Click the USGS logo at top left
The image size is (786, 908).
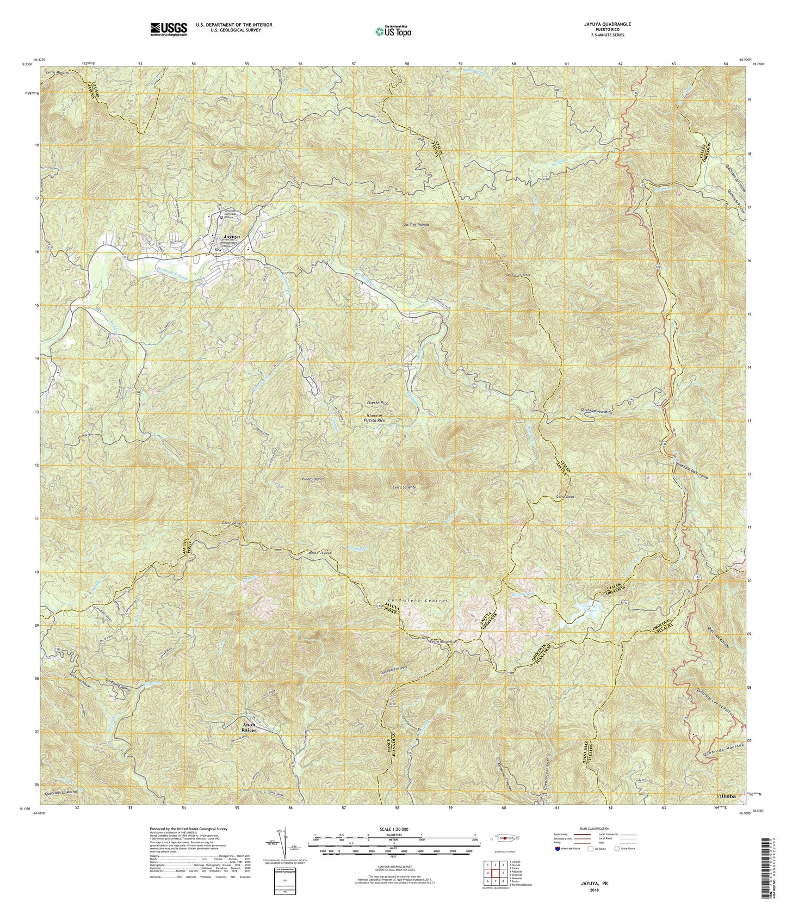click(169, 28)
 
